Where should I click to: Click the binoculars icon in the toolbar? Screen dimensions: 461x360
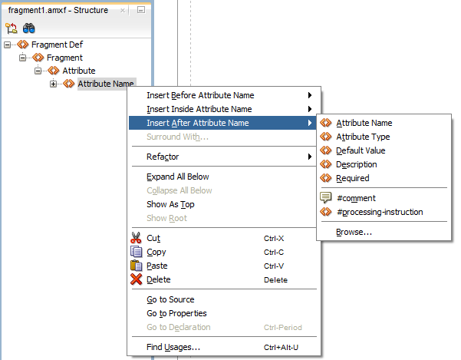[29, 28]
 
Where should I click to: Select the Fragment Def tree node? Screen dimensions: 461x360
[57, 45]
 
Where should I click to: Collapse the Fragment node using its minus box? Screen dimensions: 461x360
[23, 58]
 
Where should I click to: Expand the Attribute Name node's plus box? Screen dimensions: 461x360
[53, 84]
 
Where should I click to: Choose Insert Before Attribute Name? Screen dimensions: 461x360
[200, 95]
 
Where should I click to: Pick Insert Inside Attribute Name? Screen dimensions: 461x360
[199, 109]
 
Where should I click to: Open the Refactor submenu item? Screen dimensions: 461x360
[163, 157]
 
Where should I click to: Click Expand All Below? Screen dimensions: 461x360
[178, 177]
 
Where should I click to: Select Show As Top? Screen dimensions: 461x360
[170, 204]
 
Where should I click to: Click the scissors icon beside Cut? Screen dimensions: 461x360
[136, 238]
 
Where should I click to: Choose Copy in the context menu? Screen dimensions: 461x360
[156, 252]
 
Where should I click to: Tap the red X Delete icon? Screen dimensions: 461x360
[136, 279]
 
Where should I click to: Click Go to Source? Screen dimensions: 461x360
[170, 299]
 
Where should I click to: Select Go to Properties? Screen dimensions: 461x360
[176, 313]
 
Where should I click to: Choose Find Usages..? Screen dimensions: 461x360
[173, 347]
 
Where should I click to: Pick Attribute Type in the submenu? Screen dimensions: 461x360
[363, 137]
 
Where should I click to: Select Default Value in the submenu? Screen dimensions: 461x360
[361, 150]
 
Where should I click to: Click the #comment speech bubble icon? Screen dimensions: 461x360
[326, 197]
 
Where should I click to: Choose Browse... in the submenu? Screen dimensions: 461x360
[354, 232]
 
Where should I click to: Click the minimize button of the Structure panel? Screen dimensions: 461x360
[141, 10]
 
